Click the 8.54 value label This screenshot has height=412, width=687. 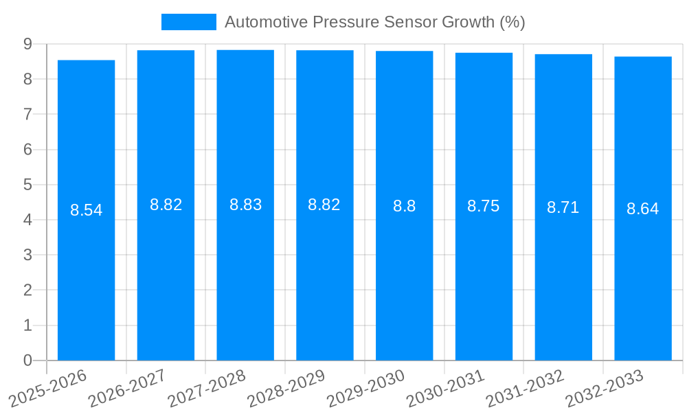87,210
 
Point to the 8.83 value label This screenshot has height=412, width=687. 245,205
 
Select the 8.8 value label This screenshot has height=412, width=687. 404,206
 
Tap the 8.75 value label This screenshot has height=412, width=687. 484,206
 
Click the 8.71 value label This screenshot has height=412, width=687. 563,207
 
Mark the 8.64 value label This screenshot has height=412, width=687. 643,209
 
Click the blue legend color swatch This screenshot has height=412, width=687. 188,22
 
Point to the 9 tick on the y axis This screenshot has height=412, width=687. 27,44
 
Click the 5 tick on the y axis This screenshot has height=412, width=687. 27,185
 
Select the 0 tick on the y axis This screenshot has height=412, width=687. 27,360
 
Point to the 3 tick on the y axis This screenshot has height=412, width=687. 27,255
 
